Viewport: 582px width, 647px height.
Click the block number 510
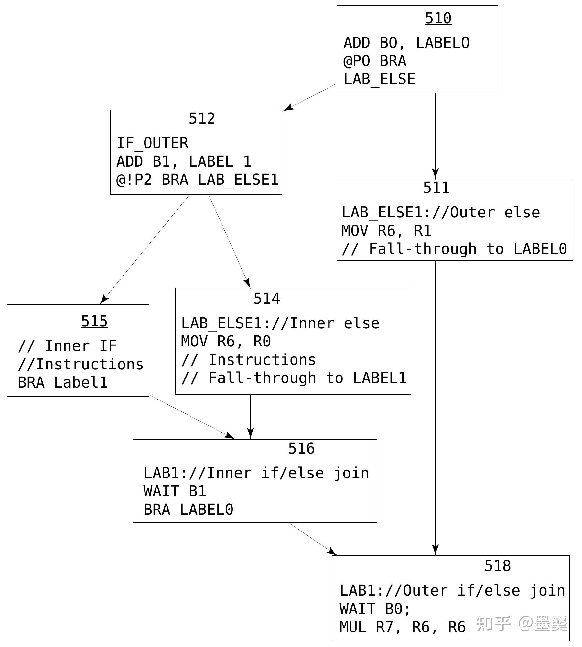[x=438, y=18]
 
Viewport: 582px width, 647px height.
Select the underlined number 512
[x=202, y=118]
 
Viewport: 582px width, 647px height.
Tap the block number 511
[x=436, y=188]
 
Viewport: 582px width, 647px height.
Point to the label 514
[x=266, y=299]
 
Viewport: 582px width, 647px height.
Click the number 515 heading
[x=94, y=321]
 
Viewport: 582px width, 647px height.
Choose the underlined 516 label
[x=301, y=448]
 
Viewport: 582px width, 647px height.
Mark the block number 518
[x=498, y=566]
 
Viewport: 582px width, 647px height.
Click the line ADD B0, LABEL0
[x=406, y=43]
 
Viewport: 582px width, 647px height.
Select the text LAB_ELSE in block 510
[x=379, y=79]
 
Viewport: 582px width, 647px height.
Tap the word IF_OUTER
[x=152, y=143]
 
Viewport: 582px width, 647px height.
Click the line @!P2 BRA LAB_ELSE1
[x=197, y=180]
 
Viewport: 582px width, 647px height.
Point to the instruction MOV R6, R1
[x=386, y=231]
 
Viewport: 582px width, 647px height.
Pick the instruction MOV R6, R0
[x=226, y=342]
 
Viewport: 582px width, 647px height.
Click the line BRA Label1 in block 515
[x=62, y=383]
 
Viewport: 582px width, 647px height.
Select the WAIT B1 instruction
[x=175, y=491]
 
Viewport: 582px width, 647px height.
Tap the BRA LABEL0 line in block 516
[x=188, y=510]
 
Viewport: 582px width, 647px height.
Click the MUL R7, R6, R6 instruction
[x=402, y=627]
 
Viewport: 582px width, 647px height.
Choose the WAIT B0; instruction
[x=375, y=609]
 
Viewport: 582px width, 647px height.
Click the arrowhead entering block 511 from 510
[x=435, y=174]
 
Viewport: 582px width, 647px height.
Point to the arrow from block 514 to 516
[x=250, y=417]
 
